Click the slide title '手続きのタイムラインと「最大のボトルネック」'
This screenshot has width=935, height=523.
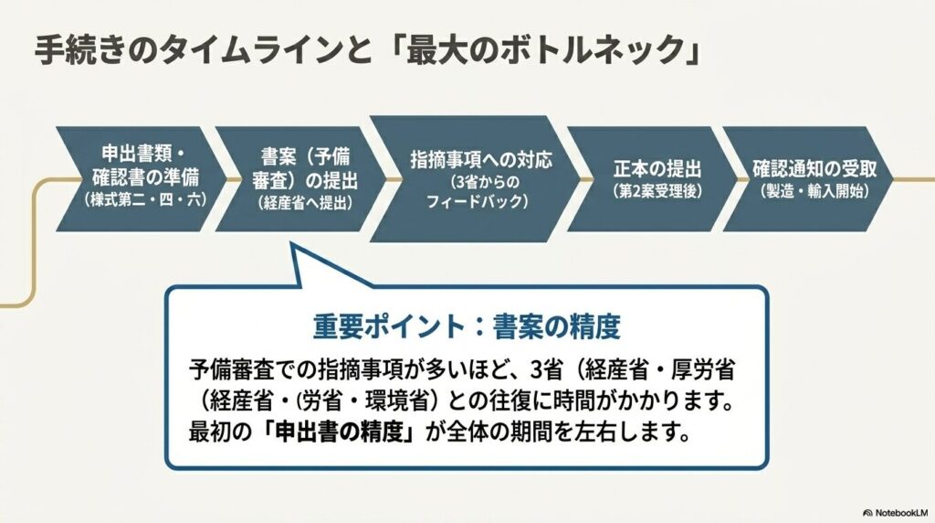[x=368, y=49]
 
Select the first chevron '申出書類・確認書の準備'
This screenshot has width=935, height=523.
[x=142, y=178]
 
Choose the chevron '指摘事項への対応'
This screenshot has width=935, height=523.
[x=475, y=178]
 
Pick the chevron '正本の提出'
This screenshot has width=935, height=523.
[x=652, y=178]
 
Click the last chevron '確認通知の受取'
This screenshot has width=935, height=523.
[x=809, y=178]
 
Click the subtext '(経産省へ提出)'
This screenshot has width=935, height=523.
[x=305, y=202]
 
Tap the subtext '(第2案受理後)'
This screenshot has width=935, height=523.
[x=657, y=192]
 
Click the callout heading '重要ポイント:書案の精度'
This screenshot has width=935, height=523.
[x=467, y=327]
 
